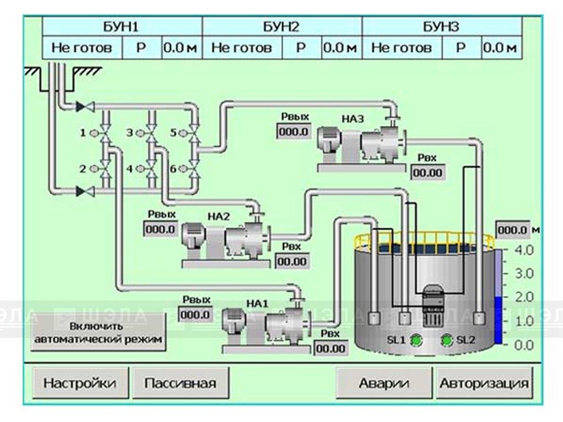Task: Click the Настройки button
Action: coord(80,383)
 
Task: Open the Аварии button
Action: coord(384,383)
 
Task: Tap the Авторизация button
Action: coord(484,383)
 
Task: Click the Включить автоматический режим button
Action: coord(99,332)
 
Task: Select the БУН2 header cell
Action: coord(282,27)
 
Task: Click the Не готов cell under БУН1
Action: coord(82,47)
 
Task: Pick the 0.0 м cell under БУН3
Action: coord(501,47)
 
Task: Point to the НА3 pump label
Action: coord(352,119)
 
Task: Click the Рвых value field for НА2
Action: coord(161,229)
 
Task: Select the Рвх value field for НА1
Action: coord(331,348)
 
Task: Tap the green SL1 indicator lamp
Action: coord(417,340)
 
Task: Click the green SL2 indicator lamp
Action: coord(447,340)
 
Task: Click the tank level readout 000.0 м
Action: coord(514,230)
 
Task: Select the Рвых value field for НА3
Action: coord(294,132)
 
